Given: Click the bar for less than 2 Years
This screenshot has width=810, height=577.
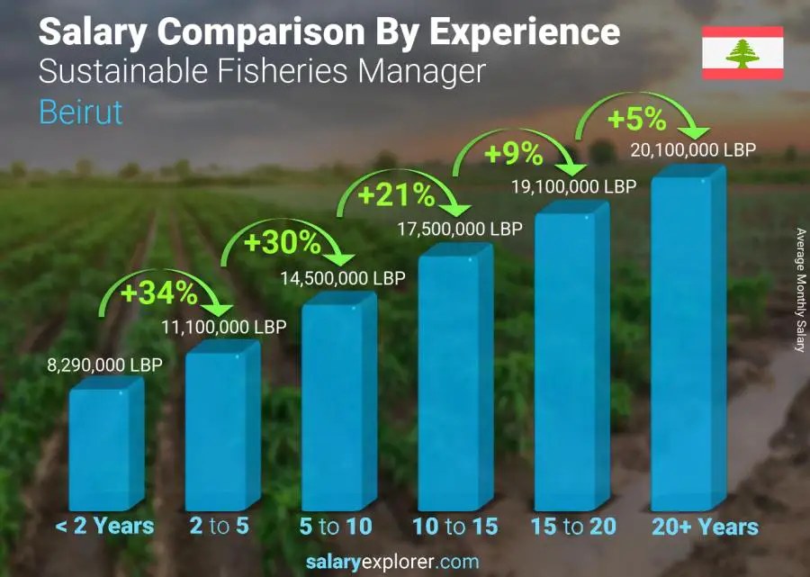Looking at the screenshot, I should (x=105, y=446).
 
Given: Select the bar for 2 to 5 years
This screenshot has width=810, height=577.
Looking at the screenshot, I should (x=221, y=428).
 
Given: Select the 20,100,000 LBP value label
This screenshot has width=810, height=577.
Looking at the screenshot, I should (x=693, y=150).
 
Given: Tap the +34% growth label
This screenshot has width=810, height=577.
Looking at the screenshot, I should (x=162, y=293).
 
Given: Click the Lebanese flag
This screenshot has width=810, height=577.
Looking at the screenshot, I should (x=742, y=53).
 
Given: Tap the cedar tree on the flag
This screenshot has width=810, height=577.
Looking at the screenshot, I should (x=742, y=53).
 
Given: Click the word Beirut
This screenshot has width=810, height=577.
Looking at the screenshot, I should (x=81, y=113).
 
